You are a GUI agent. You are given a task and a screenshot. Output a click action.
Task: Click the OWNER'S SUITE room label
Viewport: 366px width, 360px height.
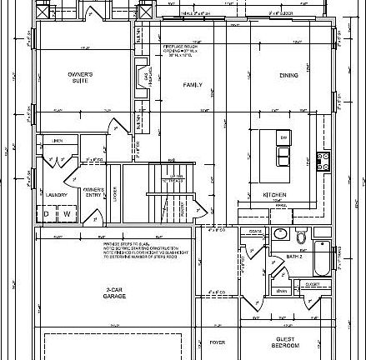point(80,77)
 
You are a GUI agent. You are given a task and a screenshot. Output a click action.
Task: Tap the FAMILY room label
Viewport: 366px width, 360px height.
point(193,84)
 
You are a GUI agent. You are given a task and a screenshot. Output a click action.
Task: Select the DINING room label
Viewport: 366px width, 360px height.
point(289,75)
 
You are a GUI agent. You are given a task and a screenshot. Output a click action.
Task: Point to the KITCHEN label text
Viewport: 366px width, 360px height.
point(275,195)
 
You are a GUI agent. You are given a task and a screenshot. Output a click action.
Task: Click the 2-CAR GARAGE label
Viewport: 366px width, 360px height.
point(115,292)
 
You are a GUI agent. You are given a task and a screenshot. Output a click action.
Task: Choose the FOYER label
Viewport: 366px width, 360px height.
point(218,342)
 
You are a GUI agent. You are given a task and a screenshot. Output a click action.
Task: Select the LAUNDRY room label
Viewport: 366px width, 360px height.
point(57,195)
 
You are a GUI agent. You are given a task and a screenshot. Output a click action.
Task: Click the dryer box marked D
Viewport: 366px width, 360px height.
point(48,214)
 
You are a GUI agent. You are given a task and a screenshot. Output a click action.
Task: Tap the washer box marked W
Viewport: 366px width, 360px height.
point(67,214)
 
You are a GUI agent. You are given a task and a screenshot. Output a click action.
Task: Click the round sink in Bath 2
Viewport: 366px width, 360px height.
point(300,232)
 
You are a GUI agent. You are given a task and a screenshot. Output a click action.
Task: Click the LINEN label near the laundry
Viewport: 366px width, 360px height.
point(58,140)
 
